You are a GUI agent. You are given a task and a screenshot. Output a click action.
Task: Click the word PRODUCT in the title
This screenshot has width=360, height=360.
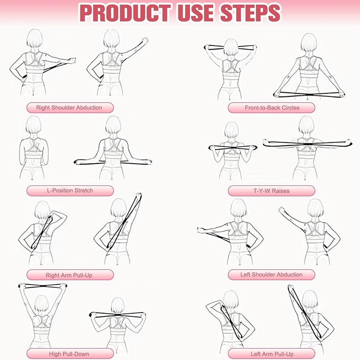[125, 13]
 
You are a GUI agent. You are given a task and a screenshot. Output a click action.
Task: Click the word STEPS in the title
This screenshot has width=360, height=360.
[251, 13]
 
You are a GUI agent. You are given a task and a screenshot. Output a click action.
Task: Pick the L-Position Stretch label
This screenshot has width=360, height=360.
[70, 190]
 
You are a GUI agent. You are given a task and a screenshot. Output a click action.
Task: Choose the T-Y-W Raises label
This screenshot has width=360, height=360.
[271, 191]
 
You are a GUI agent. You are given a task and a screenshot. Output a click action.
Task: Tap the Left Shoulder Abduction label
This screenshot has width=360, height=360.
[271, 275]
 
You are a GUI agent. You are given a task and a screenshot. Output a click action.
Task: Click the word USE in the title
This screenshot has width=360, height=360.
[196, 13]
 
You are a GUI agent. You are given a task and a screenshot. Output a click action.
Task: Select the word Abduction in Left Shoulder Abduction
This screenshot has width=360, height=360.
[290, 275]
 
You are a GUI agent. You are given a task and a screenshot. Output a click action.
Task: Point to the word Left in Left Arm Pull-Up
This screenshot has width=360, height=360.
[255, 354]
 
